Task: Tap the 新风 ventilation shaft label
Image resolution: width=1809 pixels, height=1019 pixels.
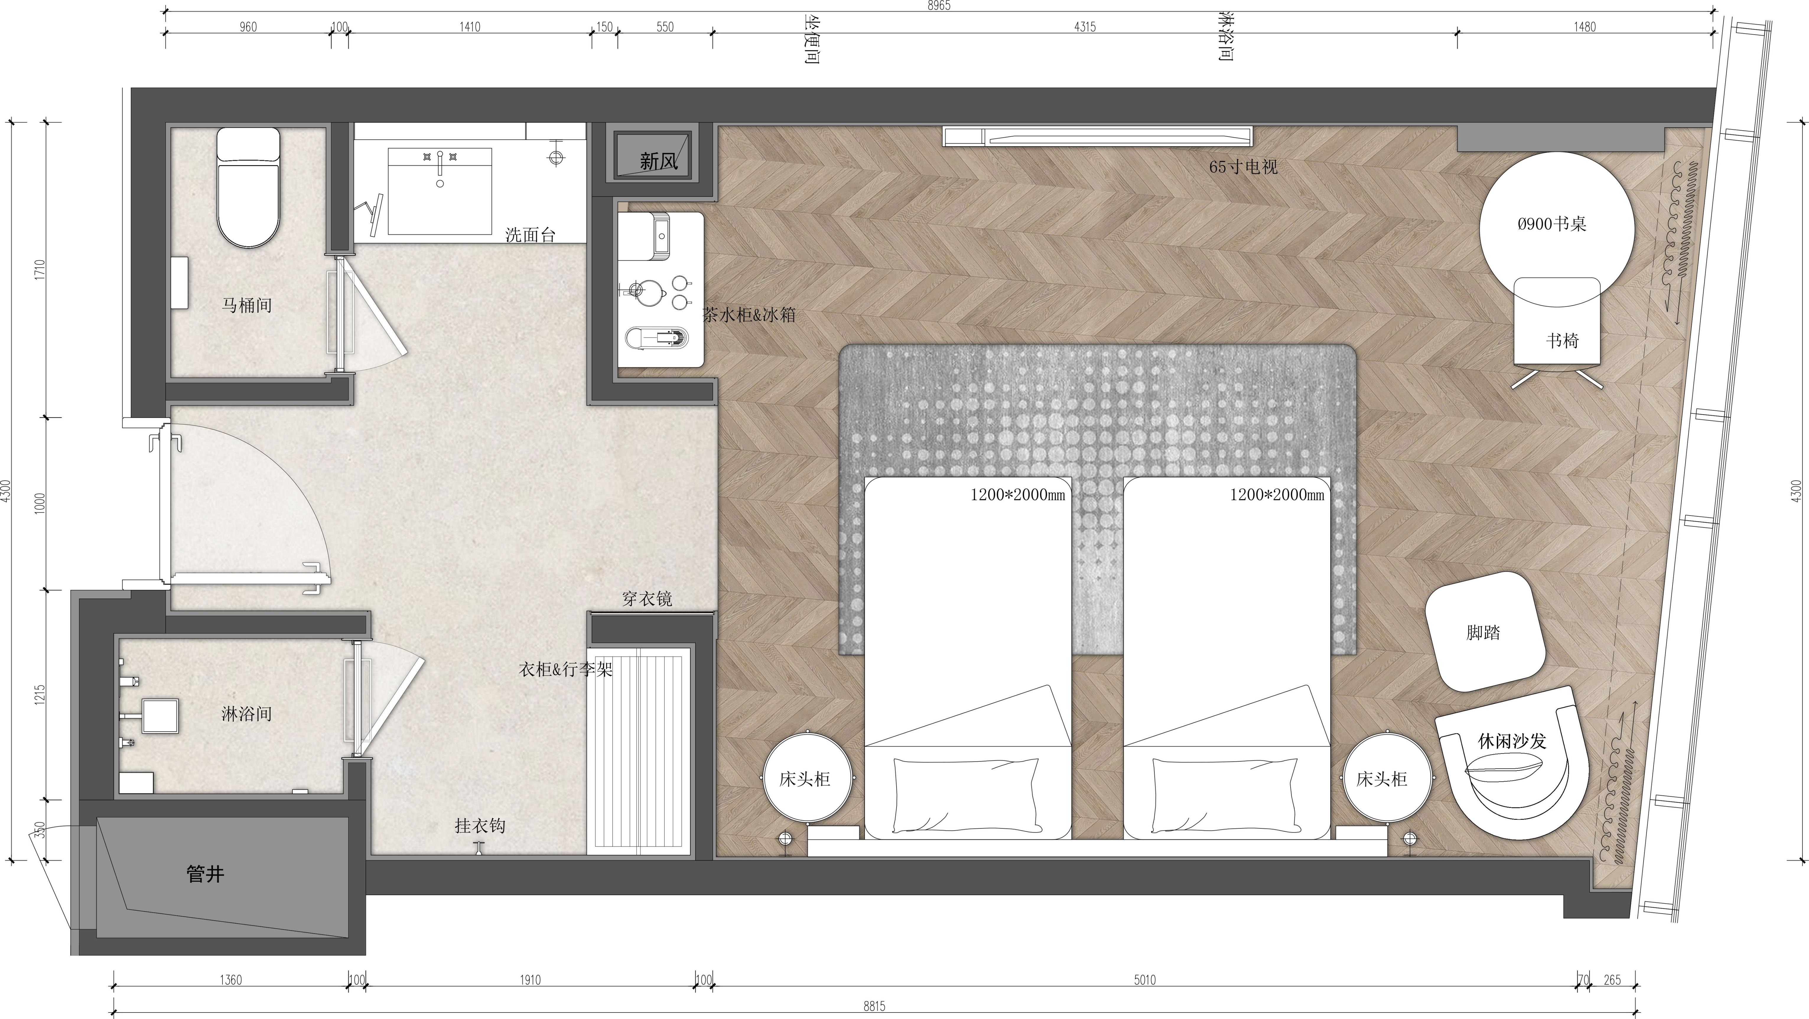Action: [659, 162]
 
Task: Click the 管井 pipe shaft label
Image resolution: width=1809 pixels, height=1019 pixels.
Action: [205, 874]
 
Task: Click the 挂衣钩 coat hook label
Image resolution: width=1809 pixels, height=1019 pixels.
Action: [480, 825]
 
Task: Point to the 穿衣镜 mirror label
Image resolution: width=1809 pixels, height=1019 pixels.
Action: [647, 598]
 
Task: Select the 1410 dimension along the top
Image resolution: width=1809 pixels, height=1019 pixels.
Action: [470, 27]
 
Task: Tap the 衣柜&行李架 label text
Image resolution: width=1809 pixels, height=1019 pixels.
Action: [566, 669]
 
